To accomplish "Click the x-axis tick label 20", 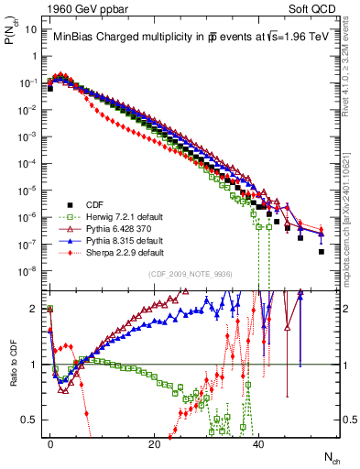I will (x=154, y=443).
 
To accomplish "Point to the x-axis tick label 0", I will (x=50, y=443).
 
